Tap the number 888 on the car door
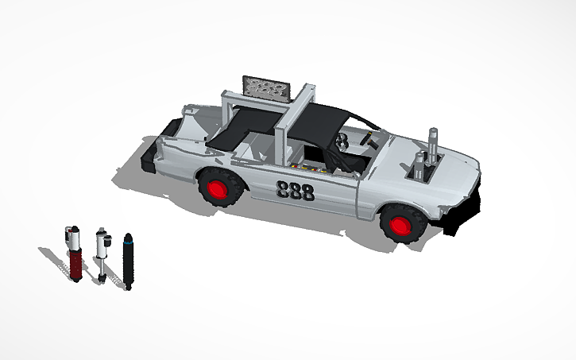295,191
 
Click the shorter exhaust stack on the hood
419,168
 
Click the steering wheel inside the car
342,143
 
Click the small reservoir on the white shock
108,237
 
